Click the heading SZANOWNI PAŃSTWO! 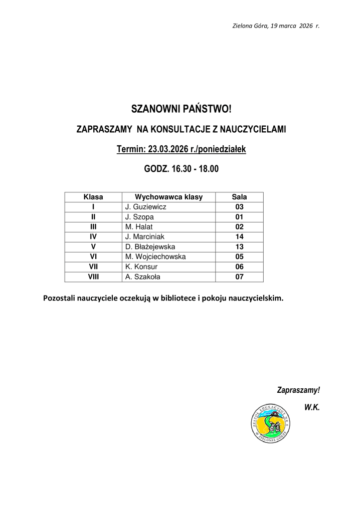pyautogui.click(x=181, y=109)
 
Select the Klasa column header pyautogui.click(x=93, y=197)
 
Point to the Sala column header pyautogui.click(x=239, y=197)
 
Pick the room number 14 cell pyautogui.click(x=239, y=236)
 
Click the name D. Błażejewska pyautogui.click(x=150, y=246)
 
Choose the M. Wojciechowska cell pyautogui.click(x=155, y=256)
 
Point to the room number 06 pyautogui.click(x=239, y=267)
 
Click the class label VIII pyautogui.click(x=93, y=276)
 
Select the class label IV pyautogui.click(x=93, y=236)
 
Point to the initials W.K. pyautogui.click(x=311, y=408)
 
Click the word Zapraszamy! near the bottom pyautogui.click(x=298, y=390)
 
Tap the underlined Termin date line pyautogui.click(x=181, y=149)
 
